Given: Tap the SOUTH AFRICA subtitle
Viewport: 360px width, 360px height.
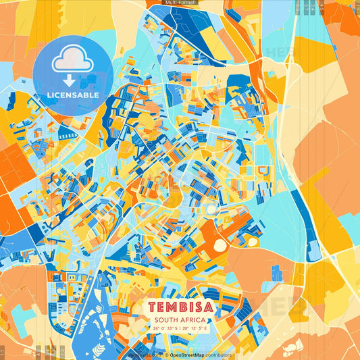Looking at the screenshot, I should point(180,320).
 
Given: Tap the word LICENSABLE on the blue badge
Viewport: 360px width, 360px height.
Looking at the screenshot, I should point(73,95).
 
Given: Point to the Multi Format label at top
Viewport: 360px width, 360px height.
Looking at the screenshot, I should point(180,3).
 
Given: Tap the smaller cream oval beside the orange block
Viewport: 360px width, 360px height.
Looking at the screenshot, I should point(253,240).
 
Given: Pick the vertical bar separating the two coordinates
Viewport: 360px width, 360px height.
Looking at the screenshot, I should point(181,329).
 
